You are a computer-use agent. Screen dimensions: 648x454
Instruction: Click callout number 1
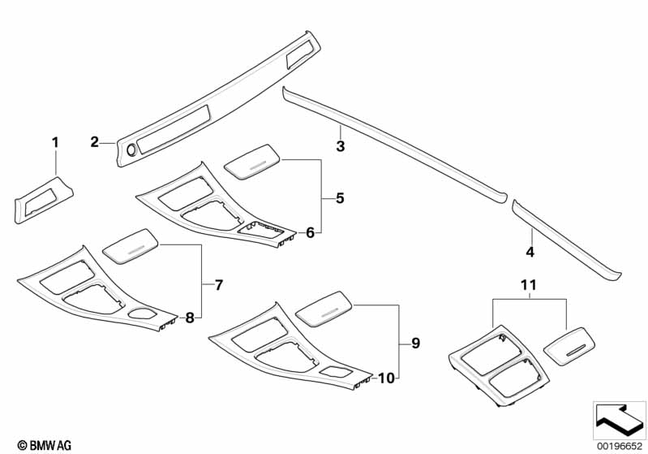point(55,143)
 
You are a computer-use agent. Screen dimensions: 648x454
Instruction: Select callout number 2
point(95,142)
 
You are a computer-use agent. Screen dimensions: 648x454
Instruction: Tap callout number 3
point(340,145)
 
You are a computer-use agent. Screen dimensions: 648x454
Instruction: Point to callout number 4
point(530,251)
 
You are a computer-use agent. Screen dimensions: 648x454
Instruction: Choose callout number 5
point(340,198)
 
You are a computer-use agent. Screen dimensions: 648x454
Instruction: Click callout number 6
point(310,232)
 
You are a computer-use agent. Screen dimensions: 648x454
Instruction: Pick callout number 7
point(219,285)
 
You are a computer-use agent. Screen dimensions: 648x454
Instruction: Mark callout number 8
point(190,318)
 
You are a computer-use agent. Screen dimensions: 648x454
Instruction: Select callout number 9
point(416,343)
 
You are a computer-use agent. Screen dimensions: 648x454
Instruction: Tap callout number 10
point(386,378)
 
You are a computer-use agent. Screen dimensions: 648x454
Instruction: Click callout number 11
point(529,285)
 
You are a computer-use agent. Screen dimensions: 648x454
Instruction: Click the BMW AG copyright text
point(45,445)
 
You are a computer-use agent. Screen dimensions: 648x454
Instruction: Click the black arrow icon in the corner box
point(619,419)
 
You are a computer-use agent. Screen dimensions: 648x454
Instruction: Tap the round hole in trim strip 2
point(132,150)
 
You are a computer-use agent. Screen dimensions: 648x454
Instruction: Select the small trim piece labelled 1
point(44,200)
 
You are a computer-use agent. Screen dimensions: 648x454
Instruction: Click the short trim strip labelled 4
point(566,240)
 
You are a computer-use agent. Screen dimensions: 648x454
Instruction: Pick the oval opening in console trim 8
point(142,313)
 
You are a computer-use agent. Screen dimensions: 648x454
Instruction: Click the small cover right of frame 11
point(569,346)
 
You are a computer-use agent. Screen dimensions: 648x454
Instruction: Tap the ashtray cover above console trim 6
point(252,162)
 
